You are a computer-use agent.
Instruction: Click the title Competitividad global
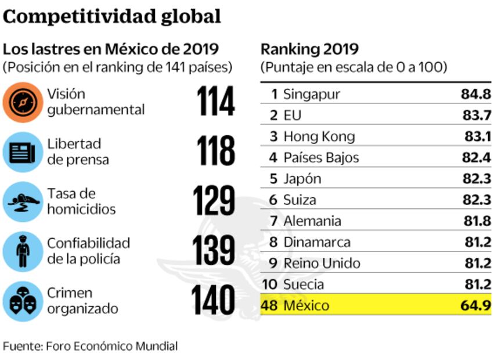tap(112, 16)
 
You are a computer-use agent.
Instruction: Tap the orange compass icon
tap(22, 102)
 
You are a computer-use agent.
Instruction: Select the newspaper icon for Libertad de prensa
tap(22, 152)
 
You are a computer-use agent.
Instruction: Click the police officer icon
tap(22, 251)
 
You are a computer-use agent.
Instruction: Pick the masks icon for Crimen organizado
tap(22, 301)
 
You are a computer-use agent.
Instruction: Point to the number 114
tap(215, 102)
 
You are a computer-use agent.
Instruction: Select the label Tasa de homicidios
tap(81, 201)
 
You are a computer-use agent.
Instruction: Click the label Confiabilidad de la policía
tap(88, 251)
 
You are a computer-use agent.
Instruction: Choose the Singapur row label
tap(312, 94)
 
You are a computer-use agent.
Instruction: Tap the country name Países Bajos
tap(321, 157)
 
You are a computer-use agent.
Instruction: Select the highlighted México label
tap(306, 305)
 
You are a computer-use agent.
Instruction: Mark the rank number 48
tap(269, 305)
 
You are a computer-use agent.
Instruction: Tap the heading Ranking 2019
tap(309, 49)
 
